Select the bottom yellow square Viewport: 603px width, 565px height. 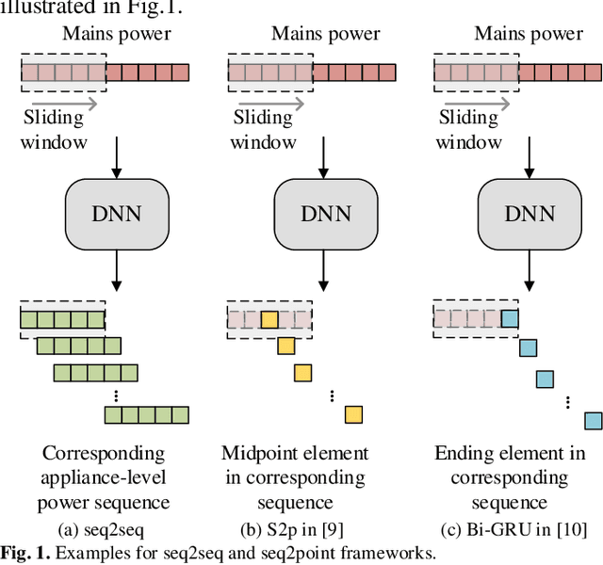[353, 414]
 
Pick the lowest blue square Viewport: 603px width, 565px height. [593, 420]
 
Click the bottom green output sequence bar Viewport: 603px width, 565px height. [146, 414]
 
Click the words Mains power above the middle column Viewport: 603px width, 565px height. [325, 34]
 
